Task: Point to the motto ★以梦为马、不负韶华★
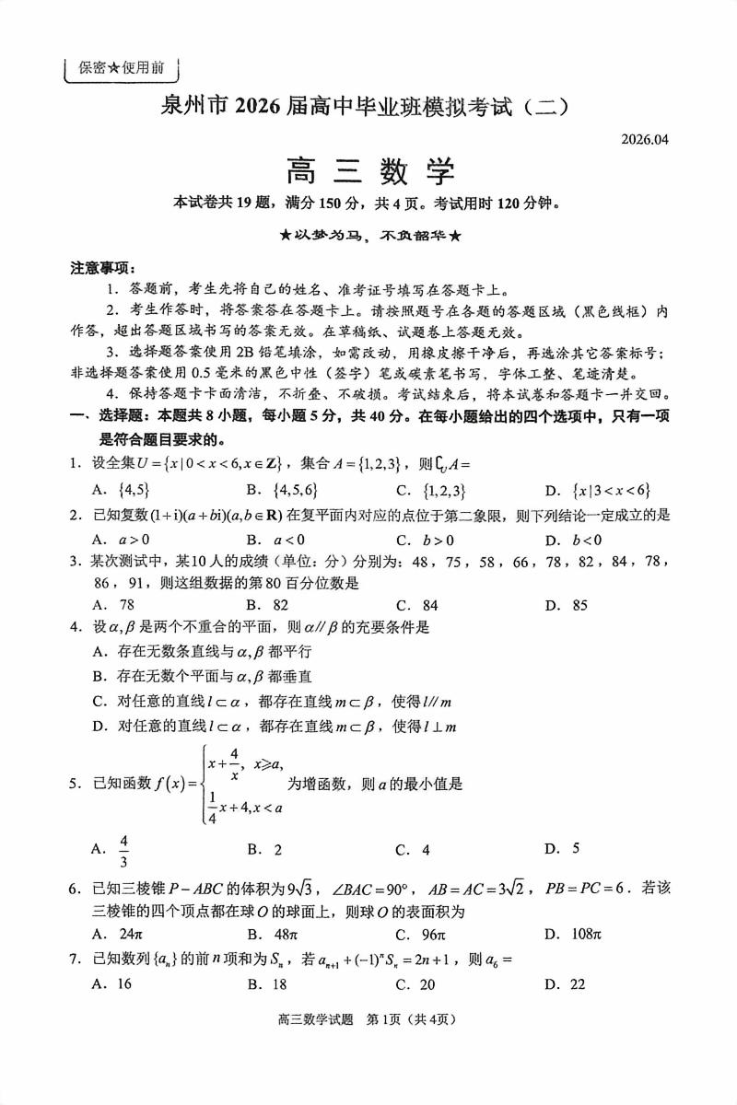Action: (369, 236)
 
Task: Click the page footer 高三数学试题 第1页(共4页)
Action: (368, 1044)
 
